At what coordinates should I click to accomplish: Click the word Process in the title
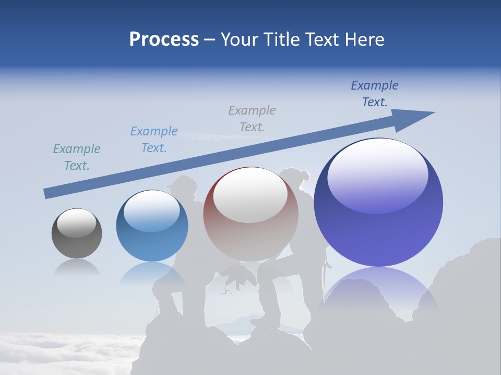164,39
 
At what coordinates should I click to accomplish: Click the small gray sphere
77,233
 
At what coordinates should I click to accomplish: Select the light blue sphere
152,226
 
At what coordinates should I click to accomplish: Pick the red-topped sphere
250,214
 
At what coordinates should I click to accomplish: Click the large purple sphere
378,202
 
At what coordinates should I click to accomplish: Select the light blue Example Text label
154,140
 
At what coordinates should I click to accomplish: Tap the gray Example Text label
252,118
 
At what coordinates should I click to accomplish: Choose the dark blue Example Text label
375,94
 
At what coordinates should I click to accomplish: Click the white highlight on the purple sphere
377,174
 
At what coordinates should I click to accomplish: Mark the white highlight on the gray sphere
76,223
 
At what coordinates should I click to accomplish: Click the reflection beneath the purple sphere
378,284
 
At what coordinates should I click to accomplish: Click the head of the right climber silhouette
295,177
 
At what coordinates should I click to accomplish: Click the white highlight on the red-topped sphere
250,195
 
